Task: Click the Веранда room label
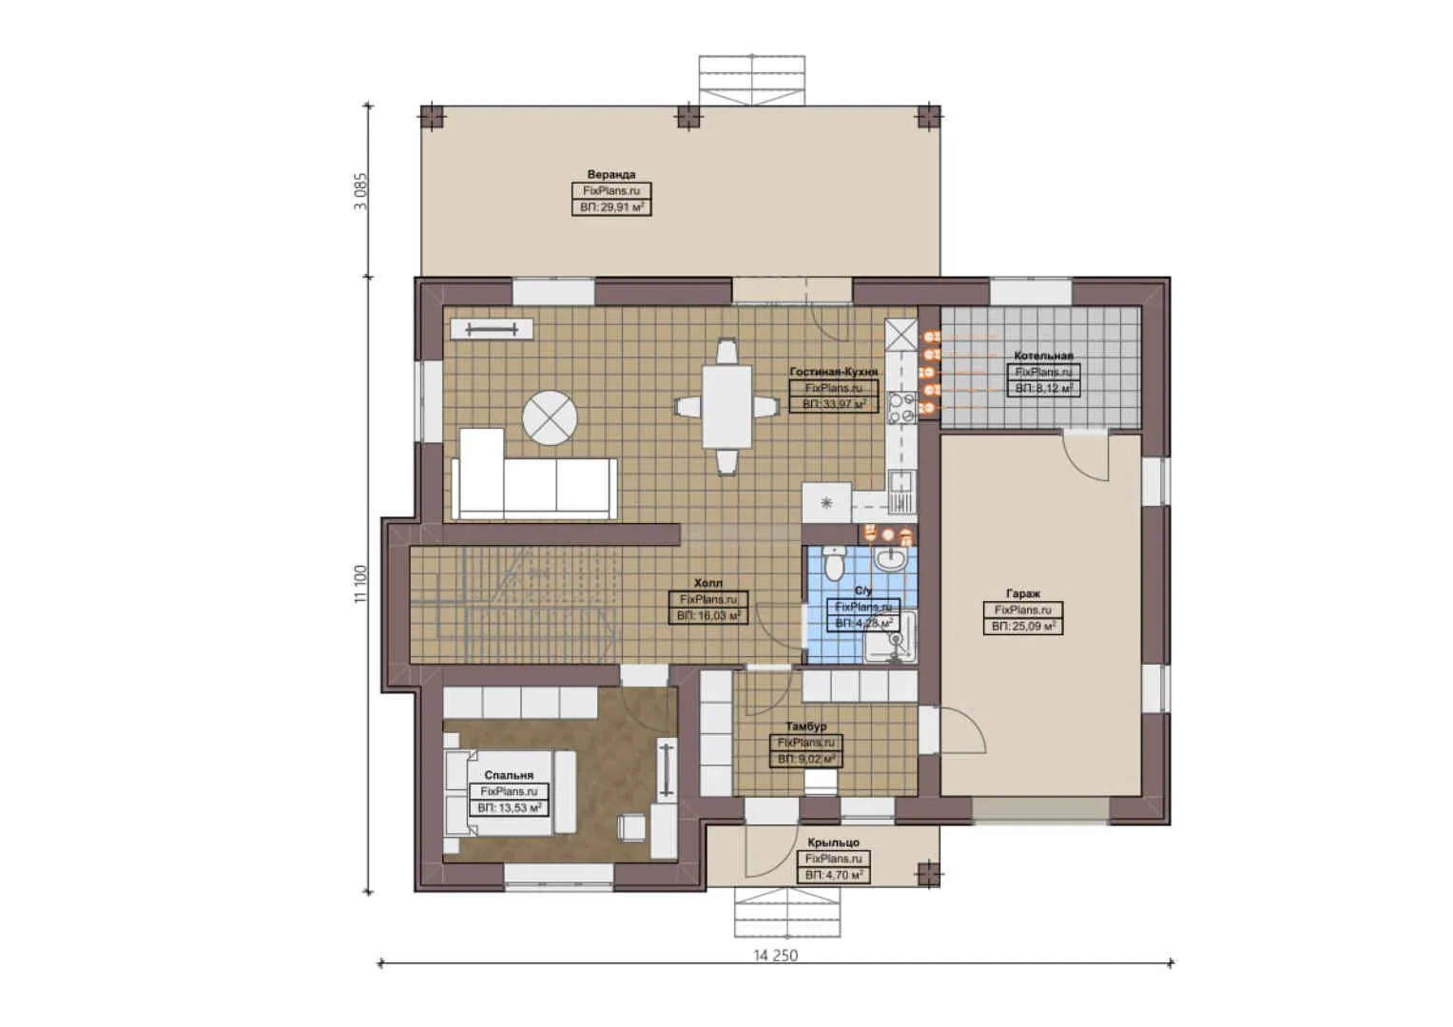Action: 610,175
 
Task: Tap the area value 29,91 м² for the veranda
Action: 611,206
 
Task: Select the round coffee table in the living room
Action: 550,417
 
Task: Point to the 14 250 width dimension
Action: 776,955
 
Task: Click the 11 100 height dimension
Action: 359,584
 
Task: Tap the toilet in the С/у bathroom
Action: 834,564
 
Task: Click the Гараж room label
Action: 1023,593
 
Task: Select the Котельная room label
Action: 1043,356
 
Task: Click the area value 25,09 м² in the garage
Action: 1023,627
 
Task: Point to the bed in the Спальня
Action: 509,793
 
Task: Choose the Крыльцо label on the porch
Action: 833,843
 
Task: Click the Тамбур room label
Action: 805,727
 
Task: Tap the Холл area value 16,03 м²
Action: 708,616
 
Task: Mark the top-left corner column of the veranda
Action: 432,116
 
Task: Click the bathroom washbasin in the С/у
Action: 891,559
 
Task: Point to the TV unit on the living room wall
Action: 492,329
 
